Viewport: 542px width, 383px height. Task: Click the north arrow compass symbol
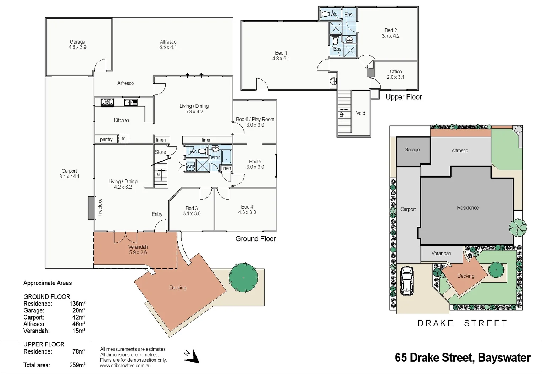(x=192, y=356)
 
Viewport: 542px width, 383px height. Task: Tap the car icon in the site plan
(x=406, y=281)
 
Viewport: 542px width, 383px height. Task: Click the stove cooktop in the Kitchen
(x=107, y=102)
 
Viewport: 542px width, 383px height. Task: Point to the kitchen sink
(x=131, y=102)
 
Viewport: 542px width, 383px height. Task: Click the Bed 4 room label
(x=247, y=207)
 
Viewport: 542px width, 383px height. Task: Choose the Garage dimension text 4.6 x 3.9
(x=77, y=47)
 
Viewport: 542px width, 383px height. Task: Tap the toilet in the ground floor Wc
(x=202, y=151)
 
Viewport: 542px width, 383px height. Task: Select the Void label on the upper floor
(x=360, y=113)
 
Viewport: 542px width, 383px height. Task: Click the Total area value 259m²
(x=77, y=365)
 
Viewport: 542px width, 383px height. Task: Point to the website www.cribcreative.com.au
(x=125, y=366)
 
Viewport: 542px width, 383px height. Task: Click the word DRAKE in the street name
(x=435, y=323)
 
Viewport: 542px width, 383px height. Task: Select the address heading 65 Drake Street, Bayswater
(x=463, y=357)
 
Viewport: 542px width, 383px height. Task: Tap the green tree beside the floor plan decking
(x=243, y=277)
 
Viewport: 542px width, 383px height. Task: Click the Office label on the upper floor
(x=396, y=71)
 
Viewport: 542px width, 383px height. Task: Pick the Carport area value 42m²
(x=78, y=317)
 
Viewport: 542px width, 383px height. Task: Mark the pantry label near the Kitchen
(x=106, y=139)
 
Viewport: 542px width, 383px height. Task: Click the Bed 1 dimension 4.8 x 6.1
(x=281, y=59)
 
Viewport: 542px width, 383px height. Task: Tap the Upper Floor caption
(x=404, y=97)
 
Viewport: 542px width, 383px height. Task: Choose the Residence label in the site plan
(x=468, y=208)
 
